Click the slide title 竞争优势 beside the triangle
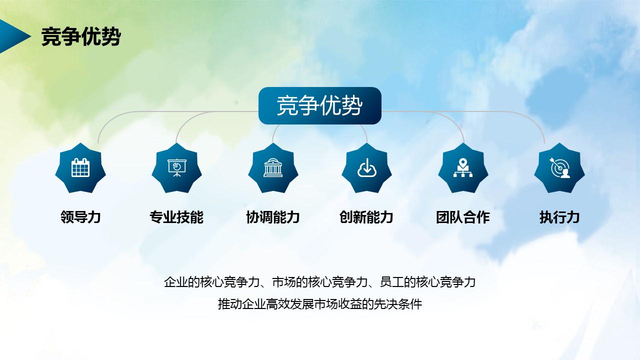pyautogui.click(x=80, y=36)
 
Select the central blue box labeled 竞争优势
pyautogui.click(x=319, y=105)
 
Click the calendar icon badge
pyautogui.click(x=80, y=168)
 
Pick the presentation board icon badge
pyautogui.click(x=176, y=168)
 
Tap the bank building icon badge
pyautogui.click(x=273, y=168)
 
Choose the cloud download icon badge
pyautogui.click(x=366, y=168)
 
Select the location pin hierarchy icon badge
pyautogui.click(x=463, y=168)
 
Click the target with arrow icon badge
pyautogui.click(x=559, y=168)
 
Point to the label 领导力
pyautogui.click(x=80, y=217)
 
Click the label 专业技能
pyautogui.click(x=176, y=217)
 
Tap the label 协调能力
pyautogui.click(x=273, y=217)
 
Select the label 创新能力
pyautogui.click(x=366, y=217)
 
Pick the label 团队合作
pyautogui.click(x=463, y=217)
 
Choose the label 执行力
pyautogui.click(x=559, y=217)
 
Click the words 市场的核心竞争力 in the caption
pyautogui.click(x=319, y=282)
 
